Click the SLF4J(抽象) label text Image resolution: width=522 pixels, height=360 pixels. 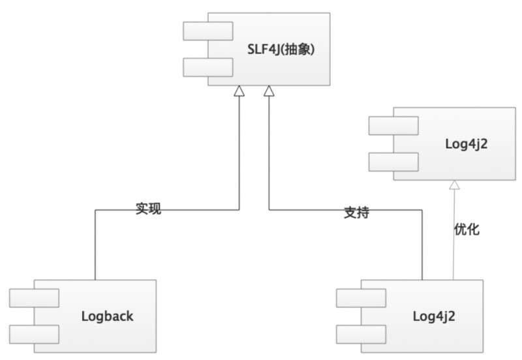click(x=281, y=49)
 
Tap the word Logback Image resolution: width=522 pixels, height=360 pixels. click(x=107, y=317)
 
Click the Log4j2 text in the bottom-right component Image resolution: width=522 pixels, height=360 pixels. click(x=434, y=317)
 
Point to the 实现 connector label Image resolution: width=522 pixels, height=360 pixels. click(x=147, y=209)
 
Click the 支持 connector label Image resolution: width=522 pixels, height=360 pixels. click(x=356, y=213)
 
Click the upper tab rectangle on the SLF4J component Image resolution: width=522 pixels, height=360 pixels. click(x=208, y=31)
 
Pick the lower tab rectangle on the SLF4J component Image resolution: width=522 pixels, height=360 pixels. click(x=208, y=67)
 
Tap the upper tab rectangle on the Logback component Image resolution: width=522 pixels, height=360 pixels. click(x=35, y=299)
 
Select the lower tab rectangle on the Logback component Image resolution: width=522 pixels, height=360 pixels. click(x=35, y=334)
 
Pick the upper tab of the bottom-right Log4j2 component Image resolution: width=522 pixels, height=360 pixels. click(x=361, y=299)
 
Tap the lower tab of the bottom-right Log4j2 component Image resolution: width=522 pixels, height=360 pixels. click(x=361, y=334)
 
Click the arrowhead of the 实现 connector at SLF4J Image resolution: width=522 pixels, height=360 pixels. click(x=239, y=91)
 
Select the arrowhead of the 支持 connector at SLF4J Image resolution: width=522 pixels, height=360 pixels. click(x=269, y=91)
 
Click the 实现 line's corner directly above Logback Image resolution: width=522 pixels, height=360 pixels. click(x=95, y=210)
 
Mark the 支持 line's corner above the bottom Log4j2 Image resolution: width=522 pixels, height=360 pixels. click(x=422, y=210)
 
